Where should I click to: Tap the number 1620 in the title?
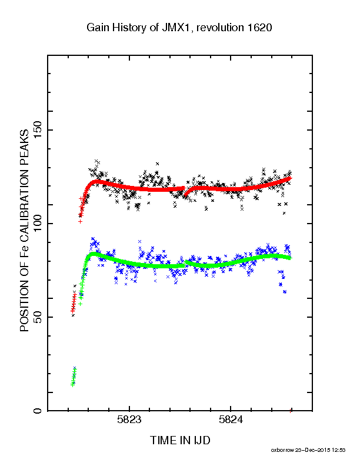[x=259, y=27]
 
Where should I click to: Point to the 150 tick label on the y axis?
[x=38, y=130]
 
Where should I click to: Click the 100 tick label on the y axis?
[x=38, y=224]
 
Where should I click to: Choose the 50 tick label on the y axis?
[x=38, y=317]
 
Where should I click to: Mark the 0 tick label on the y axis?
[x=38, y=411]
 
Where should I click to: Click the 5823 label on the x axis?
[x=129, y=420]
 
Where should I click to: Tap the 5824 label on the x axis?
[x=231, y=420]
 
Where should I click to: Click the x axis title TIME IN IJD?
[x=180, y=440]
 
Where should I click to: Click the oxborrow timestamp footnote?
[x=308, y=450]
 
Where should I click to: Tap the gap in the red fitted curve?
[x=185, y=191]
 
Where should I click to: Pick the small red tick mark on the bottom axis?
[x=290, y=411]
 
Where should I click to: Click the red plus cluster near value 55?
[x=74, y=302]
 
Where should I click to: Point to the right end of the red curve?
[x=292, y=178]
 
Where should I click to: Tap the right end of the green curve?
[x=291, y=258]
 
